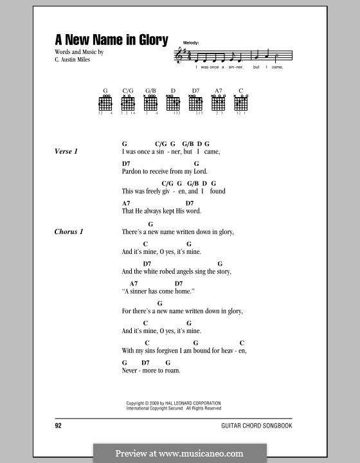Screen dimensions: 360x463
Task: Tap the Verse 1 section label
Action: pyautogui.click(x=66, y=151)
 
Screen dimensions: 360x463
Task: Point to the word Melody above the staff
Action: pyautogui.click(x=191, y=42)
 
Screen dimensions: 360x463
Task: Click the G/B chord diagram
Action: pyautogui.click(x=151, y=103)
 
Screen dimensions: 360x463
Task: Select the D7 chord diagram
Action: pyautogui.click(x=195, y=103)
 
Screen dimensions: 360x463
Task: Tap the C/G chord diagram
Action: pyautogui.click(x=128, y=103)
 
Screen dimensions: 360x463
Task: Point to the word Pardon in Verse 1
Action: pyautogui.click(x=131, y=172)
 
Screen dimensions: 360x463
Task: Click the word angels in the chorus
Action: pyautogui.click(x=192, y=271)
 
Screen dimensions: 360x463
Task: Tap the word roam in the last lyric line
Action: pyautogui.click(x=172, y=370)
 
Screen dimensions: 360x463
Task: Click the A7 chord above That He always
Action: pyautogui.click(x=125, y=203)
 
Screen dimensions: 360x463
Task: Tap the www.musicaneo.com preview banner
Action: pyautogui.click(x=180, y=453)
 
